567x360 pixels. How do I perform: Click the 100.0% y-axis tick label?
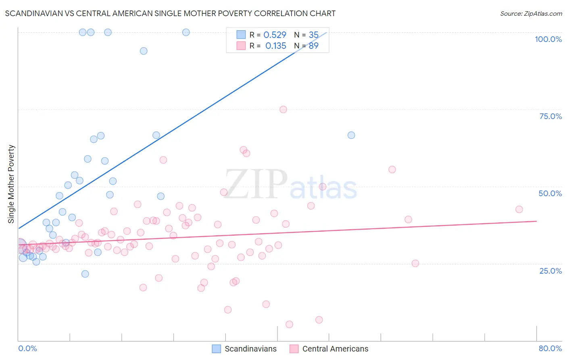(548, 39)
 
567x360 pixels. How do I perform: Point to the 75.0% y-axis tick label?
(550, 116)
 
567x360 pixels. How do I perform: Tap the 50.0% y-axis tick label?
(550, 193)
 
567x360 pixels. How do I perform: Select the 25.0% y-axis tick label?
(550, 271)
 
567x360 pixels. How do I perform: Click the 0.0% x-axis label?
(27, 348)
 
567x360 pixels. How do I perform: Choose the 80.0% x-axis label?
(550, 348)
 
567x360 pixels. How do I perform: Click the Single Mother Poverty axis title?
(11, 184)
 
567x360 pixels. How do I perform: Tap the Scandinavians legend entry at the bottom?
(245, 349)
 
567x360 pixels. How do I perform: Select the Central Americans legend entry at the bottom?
(329, 349)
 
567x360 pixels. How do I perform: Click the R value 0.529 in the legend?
(275, 35)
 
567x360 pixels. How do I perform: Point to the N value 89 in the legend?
(313, 46)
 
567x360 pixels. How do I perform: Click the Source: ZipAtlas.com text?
(531, 14)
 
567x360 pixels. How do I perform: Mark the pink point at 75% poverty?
(283, 109)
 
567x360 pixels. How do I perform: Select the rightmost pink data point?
(519, 209)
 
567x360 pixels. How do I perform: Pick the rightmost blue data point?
(351, 135)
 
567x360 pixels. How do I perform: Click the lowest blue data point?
(85, 274)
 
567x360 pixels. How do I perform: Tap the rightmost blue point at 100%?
(186, 32)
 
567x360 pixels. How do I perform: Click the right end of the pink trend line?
(536, 221)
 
